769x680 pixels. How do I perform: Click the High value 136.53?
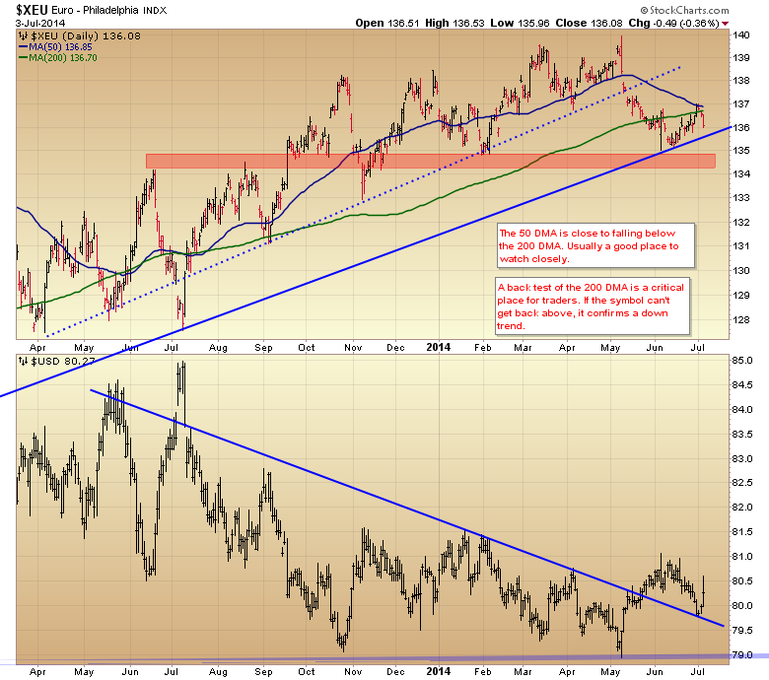(454, 22)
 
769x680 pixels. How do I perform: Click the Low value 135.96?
(527, 22)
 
